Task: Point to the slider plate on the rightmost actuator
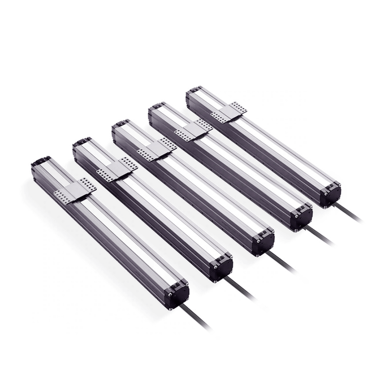coord(230,110)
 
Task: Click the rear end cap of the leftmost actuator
coord(41,161)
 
